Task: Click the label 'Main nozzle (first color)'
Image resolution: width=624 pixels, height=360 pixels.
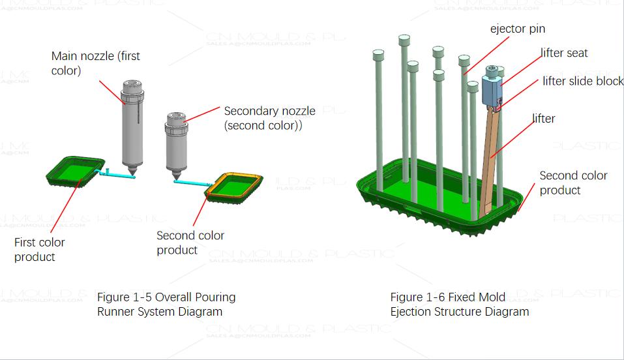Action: tap(96, 63)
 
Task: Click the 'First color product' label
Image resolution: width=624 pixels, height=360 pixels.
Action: tap(39, 249)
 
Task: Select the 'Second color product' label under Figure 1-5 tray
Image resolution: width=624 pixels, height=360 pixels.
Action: tap(190, 243)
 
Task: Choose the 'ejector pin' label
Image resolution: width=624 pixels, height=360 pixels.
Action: tap(518, 29)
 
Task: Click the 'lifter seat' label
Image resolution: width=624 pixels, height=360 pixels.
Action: tap(564, 53)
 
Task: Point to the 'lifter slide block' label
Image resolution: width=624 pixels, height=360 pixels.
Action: tap(583, 82)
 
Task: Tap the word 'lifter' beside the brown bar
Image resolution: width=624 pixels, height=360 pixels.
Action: tap(544, 119)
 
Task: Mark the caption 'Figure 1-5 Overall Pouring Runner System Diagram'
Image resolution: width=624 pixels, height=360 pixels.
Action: tap(166, 304)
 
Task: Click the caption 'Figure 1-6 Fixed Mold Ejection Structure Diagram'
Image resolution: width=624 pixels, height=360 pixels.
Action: tap(460, 304)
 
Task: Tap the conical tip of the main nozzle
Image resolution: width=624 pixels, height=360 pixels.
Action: tap(132, 173)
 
